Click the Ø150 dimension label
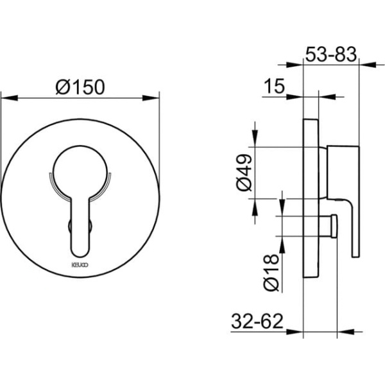[x=80, y=87]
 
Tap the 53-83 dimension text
[x=331, y=55]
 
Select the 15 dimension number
[x=274, y=86]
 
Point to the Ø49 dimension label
[x=244, y=173]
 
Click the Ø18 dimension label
[x=271, y=273]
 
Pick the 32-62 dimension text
[x=257, y=321]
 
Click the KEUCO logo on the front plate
[x=80, y=265]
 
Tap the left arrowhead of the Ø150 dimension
[x=10, y=98]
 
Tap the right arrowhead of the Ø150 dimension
[x=151, y=98]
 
